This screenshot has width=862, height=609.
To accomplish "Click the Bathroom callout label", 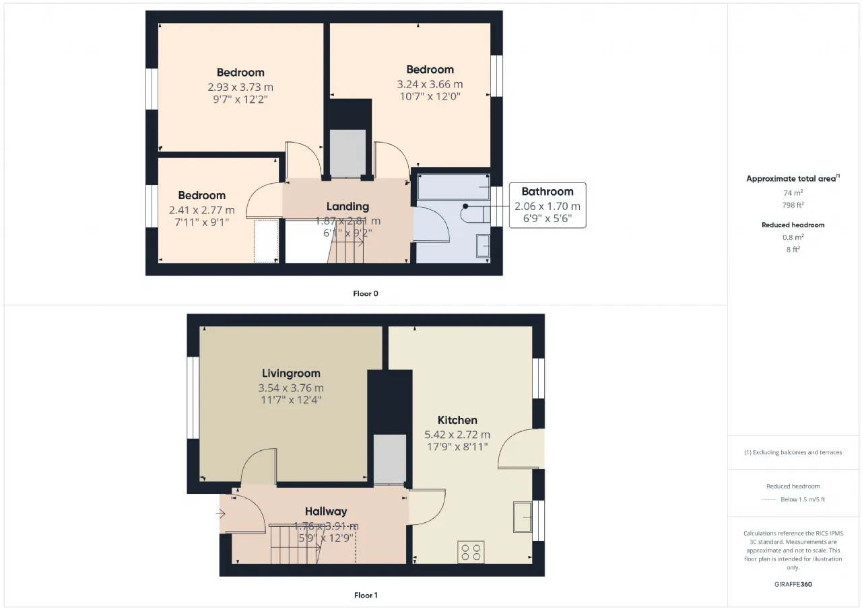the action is pyautogui.click(x=548, y=192).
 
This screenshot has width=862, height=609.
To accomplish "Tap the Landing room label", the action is pyautogui.click(x=347, y=207).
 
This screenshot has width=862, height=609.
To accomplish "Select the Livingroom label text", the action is pyautogui.click(x=291, y=373).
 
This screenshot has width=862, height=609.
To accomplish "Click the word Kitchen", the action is pyautogui.click(x=457, y=420).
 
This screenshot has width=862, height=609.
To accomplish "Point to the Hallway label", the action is pyautogui.click(x=326, y=511).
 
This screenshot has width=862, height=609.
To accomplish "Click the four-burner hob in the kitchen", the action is pyautogui.click(x=471, y=552).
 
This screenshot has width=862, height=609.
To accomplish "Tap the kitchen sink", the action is pyautogui.click(x=522, y=517).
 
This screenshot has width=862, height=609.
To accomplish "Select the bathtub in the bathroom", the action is pyautogui.click(x=453, y=187).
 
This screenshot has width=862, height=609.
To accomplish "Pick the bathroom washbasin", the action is pyautogui.click(x=483, y=246).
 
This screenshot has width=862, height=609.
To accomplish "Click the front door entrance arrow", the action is pyautogui.click(x=220, y=513).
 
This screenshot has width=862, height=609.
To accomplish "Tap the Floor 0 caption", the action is pyautogui.click(x=366, y=294).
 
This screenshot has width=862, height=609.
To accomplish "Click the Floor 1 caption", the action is pyautogui.click(x=366, y=596).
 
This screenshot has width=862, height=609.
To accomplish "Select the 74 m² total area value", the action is pyautogui.click(x=793, y=192).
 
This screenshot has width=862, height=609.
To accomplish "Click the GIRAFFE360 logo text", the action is pyautogui.click(x=793, y=584).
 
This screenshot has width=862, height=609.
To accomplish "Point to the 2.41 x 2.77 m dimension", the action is pyautogui.click(x=201, y=211).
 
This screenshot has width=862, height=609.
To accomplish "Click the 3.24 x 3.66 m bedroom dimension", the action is pyautogui.click(x=430, y=84).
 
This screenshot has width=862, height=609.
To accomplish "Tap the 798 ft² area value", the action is pyautogui.click(x=793, y=205).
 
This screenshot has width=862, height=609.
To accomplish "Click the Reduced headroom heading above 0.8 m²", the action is pyautogui.click(x=793, y=225).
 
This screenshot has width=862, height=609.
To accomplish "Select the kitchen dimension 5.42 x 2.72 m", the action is pyautogui.click(x=457, y=435).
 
